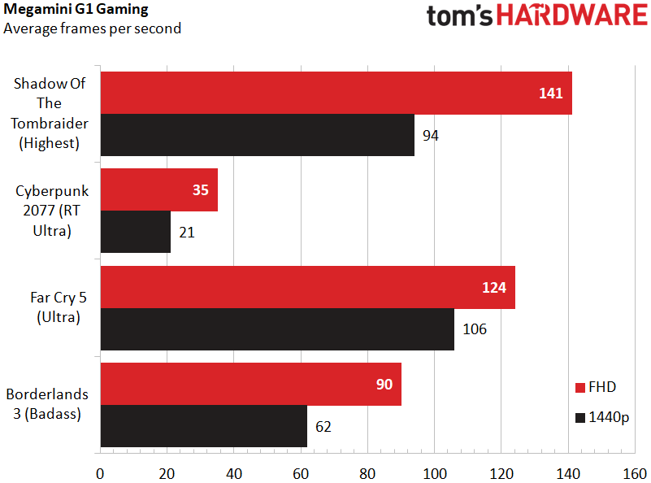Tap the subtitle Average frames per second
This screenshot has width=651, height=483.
coord(93,28)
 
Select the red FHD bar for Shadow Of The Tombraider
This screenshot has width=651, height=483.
coord(325,93)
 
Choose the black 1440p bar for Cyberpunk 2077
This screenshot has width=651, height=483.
coord(135,233)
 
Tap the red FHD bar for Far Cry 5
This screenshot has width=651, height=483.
coord(301,287)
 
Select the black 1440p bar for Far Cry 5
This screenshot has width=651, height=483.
coord(276,329)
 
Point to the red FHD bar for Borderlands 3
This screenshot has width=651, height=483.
coord(244,384)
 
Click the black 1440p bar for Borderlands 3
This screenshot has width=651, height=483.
coord(203,426)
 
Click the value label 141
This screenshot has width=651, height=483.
coord(550,94)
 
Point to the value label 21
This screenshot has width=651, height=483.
coord(188,233)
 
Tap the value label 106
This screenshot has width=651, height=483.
coord(475,329)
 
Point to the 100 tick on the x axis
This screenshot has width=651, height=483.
coord(434,472)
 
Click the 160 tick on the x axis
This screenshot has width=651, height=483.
coord(634,472)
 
